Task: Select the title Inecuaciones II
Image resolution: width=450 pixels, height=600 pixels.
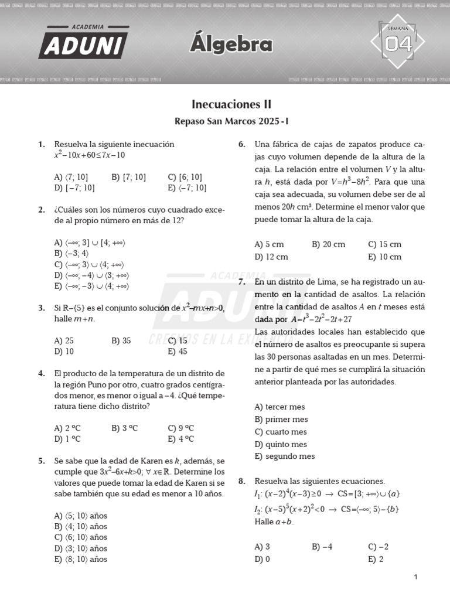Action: click(231, 104)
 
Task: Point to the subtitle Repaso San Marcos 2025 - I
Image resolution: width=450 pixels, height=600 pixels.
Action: click(231, 121)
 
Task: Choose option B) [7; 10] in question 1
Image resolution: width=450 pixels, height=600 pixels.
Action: click(128, 177)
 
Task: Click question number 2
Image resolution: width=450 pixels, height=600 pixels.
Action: click(42, 209)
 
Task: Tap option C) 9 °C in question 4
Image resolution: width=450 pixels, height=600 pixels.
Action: click(180, 428)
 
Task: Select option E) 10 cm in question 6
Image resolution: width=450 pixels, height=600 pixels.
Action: click(385, 257)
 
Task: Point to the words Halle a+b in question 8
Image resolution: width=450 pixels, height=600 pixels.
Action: click(274, 521)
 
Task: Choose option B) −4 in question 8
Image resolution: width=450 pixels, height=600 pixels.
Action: click(322, 547)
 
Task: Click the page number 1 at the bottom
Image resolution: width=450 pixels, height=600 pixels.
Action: click(415, 577)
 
